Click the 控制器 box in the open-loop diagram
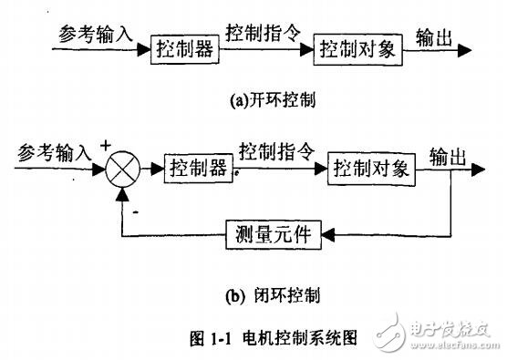click(186, 48)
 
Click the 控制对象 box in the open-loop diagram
click(357, 49)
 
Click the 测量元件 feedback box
click(268, 235)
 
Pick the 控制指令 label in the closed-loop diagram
click(275, 149)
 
